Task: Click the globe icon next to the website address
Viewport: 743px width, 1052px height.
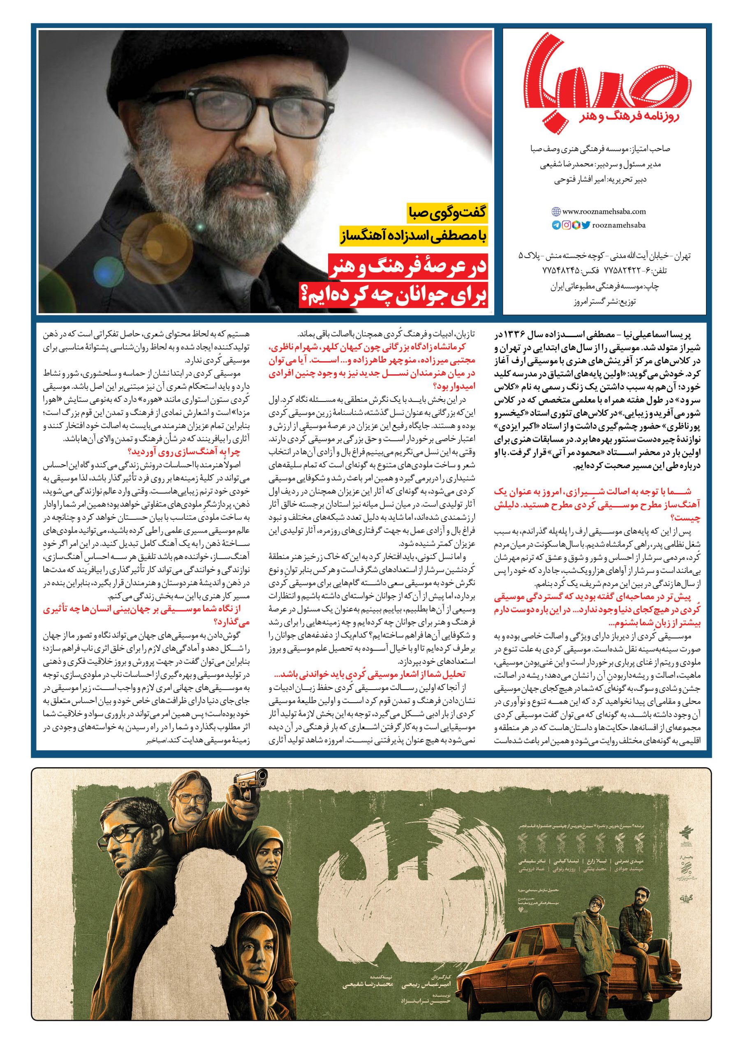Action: (x=556, y=212)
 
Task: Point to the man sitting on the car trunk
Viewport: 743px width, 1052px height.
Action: (x=596, y=889)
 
